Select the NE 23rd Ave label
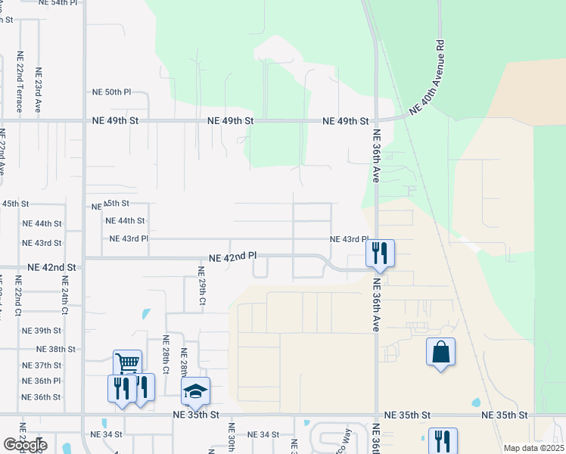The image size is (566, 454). pos(38,89)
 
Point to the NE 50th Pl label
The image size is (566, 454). pos(111,92)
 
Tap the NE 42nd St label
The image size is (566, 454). pos(51,268)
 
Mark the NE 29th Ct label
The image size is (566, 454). pos(202,286)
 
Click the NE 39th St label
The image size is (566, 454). pos(42,331)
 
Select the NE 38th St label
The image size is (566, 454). pos(56,349)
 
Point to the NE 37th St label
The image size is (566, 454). pos(42,365)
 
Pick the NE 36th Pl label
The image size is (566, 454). pos(42,381)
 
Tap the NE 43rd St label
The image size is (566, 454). pos(42,243)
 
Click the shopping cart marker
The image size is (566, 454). pos(127,362)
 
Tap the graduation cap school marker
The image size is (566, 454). pos(195,390)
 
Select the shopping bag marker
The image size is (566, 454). pos(440,352)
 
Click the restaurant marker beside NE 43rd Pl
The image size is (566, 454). pos(380,253)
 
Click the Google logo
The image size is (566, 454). pos(25,445)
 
